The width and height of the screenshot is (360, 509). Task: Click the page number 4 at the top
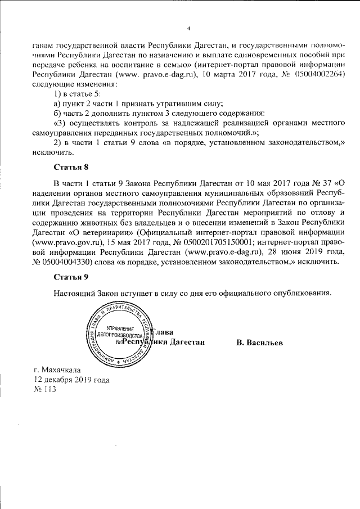189,28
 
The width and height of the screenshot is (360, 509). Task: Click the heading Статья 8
71,167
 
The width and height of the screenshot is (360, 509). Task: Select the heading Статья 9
71,277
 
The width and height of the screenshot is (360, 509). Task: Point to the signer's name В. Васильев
259,342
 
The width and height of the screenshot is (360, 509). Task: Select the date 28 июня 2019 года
308,252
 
